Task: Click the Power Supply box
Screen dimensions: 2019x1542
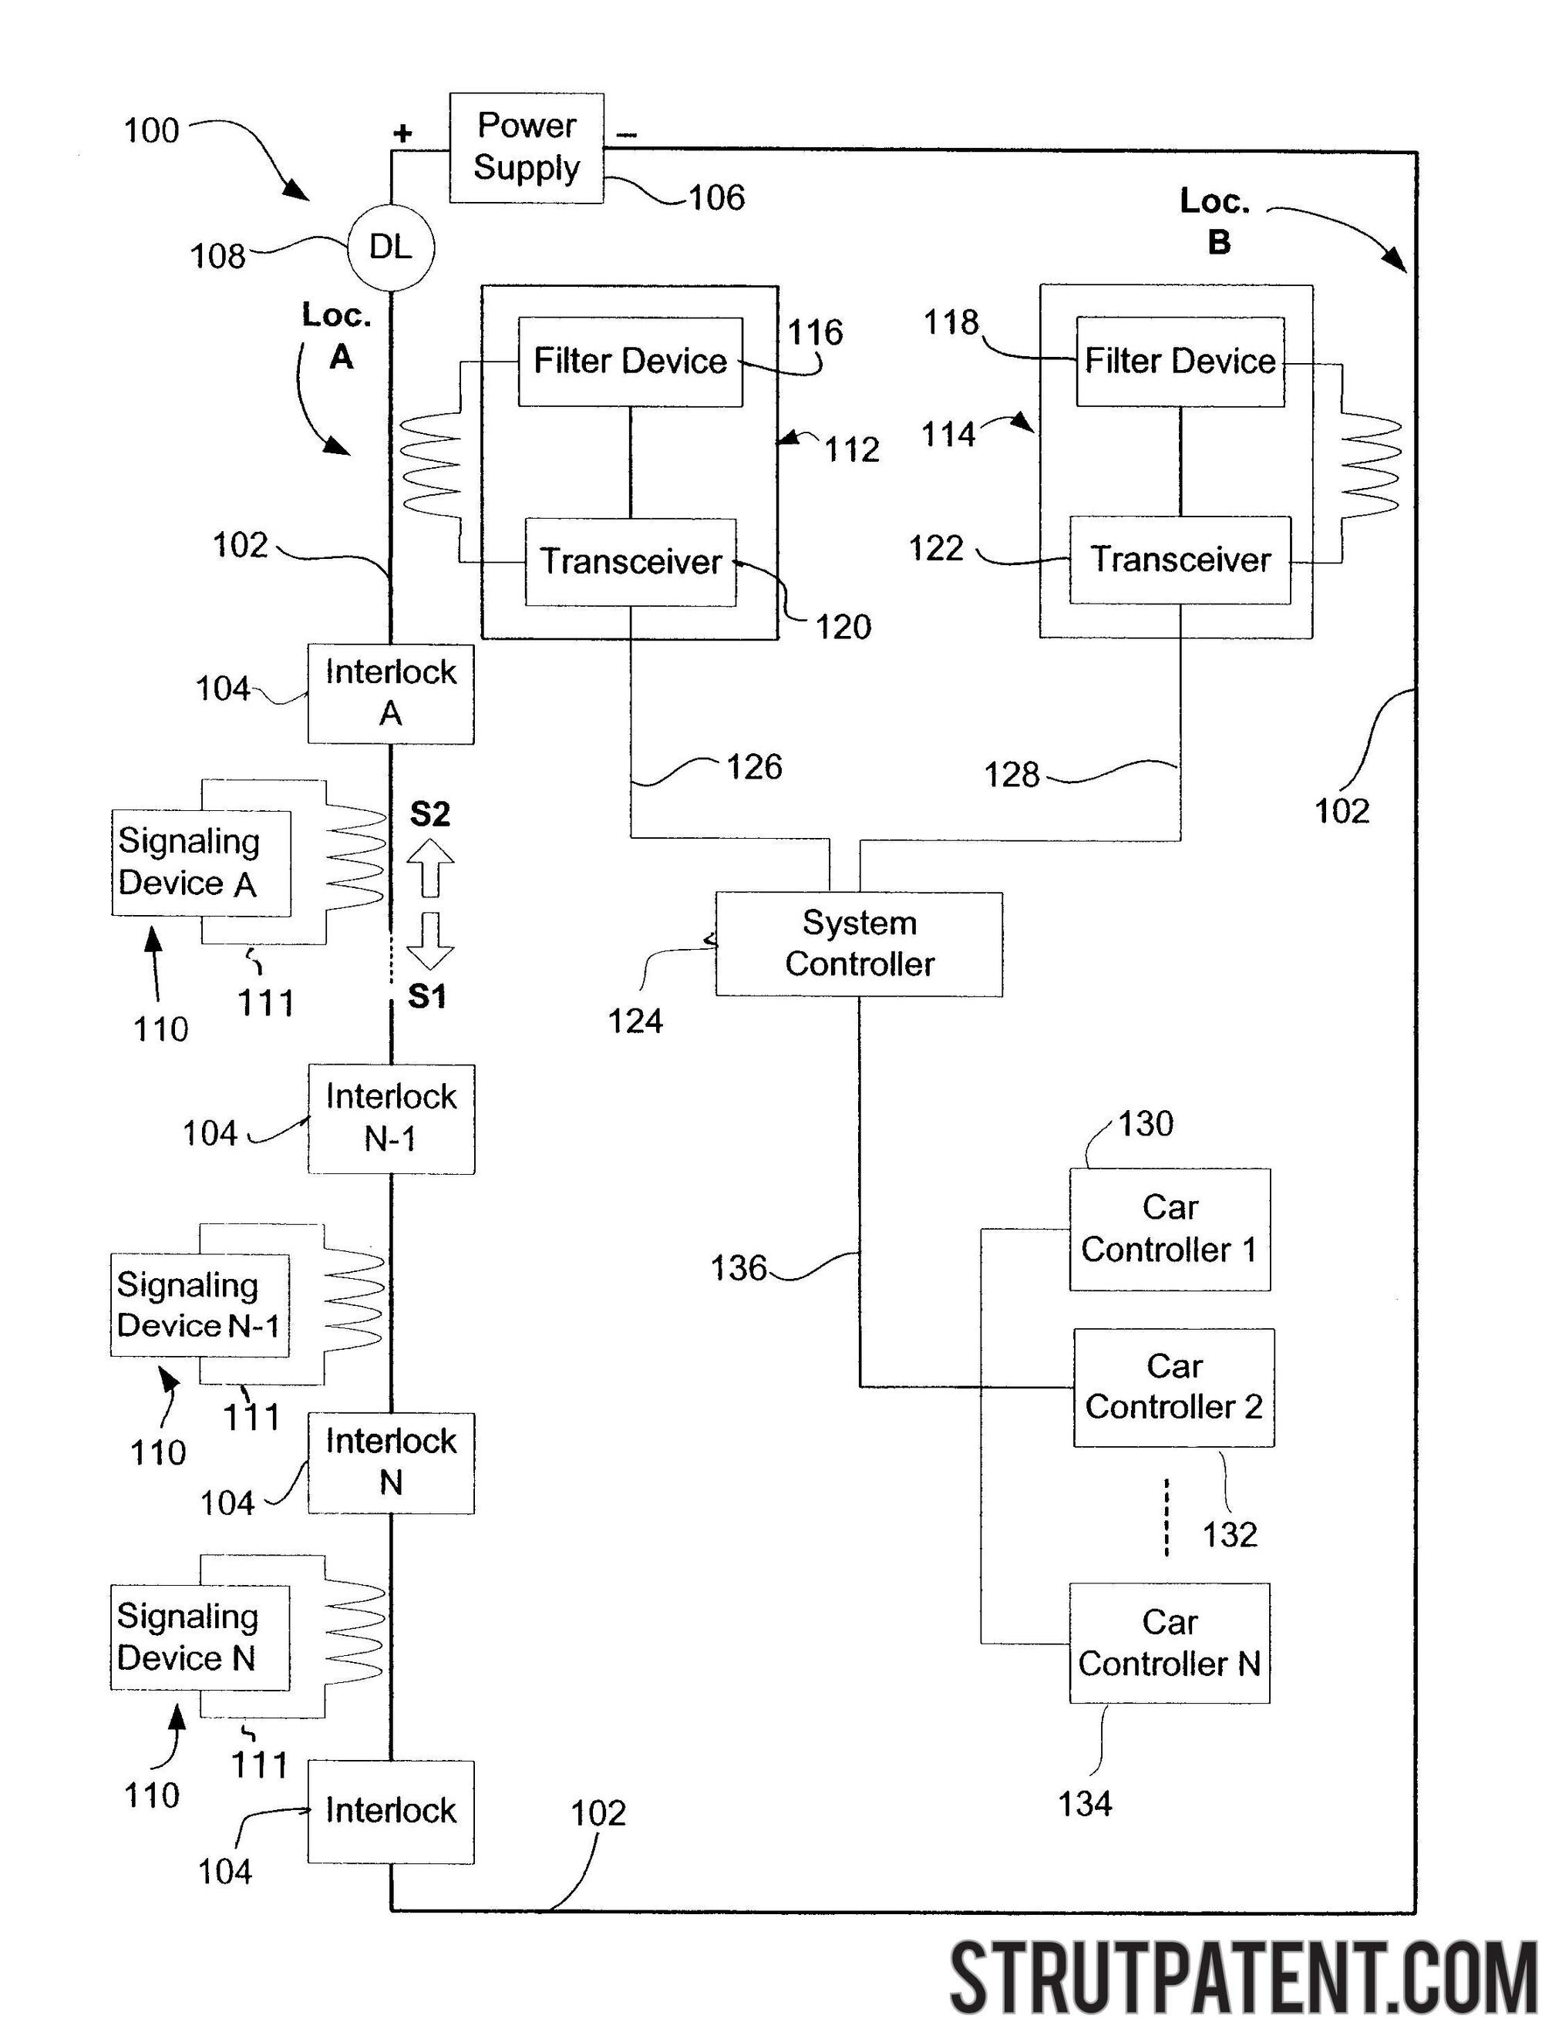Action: click(x=526, y=148)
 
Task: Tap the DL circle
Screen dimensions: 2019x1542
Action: click(x=391, y=247)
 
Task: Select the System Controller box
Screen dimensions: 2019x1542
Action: click(x=858, y=944)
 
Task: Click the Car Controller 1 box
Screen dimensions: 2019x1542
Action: click(x=1170, y=1229)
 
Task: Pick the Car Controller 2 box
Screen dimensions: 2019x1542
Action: click(x=1173, y=1388)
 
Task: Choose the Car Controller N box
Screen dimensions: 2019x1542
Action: click(x=1170, y=1643)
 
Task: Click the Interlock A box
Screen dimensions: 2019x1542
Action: click(x=391, y=693)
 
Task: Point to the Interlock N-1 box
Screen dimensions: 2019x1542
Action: click(x=391, y=1118)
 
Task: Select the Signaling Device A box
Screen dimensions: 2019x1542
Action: click(x=201, y=863)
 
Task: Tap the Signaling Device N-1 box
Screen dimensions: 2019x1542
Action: click(x=199, y=1305)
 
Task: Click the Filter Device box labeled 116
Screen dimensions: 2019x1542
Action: click(x=630, y=362)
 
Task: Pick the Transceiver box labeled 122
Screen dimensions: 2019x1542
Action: click(x=1180, y=560)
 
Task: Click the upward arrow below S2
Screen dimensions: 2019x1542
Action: click(x=430, y=868)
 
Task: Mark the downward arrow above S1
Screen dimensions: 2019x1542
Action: click(x=429, y=941)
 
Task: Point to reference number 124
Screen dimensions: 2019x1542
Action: click(x=635, y=1021)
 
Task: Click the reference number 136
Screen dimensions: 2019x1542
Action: click(x=738, y=1268)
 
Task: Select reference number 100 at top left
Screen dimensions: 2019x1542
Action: click(x=151, y=130)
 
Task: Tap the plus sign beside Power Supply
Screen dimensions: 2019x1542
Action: click(x=402, y=134)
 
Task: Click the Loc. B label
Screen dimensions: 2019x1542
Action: click(x=1215, y=221)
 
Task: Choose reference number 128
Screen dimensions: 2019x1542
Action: click(x=1012, y=775)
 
